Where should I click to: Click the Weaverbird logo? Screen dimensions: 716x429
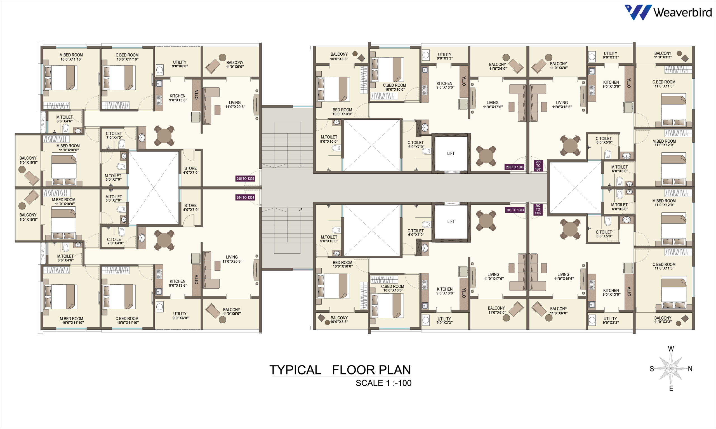point(668,12)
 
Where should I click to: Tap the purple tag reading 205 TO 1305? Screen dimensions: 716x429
point(245,179)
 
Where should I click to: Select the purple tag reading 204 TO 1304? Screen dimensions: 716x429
point(245,197)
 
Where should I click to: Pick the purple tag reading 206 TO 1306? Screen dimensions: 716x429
point(515,167)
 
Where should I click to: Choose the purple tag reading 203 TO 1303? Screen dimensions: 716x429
point(515,210)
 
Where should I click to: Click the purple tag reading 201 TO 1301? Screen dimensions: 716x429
point(538,166)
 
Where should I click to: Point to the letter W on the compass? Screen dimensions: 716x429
point(671,349)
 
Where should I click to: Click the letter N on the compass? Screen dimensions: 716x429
point(690,369)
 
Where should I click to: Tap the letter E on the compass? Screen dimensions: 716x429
point(671,388)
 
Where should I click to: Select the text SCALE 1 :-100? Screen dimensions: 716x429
point(383,383)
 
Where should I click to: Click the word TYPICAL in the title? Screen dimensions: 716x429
point(295,370)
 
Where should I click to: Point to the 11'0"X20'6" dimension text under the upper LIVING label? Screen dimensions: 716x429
point(235,107)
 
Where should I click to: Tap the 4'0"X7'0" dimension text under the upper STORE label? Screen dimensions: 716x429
point(191,173)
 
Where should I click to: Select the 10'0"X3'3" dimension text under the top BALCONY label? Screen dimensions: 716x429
point(339,59)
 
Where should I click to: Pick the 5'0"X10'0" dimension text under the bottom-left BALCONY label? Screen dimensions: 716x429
point(28,220)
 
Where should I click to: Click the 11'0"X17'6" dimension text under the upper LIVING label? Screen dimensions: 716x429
point(493,107)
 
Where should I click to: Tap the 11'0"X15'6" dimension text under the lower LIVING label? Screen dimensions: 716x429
point(564,279)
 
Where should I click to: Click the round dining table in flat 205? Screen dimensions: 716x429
point(164,136)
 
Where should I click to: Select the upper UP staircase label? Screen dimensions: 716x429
point(300,166)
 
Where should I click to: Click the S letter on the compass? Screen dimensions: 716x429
point(652,369)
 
